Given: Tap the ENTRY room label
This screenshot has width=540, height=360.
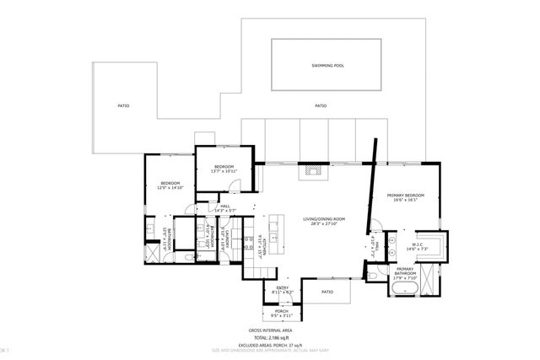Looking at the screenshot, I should point(283,289).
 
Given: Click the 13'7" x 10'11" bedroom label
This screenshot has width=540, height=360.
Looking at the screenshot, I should point(223,168).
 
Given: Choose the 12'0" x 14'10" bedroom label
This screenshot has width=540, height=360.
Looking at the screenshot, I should point(170,185).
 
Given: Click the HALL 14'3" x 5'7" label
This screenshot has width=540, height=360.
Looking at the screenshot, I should point(225,207).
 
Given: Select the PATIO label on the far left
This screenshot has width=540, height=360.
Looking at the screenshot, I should point(123,106).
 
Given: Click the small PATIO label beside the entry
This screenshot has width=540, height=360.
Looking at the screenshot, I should point(327,293).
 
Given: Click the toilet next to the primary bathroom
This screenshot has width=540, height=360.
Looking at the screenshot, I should point(373,274).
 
